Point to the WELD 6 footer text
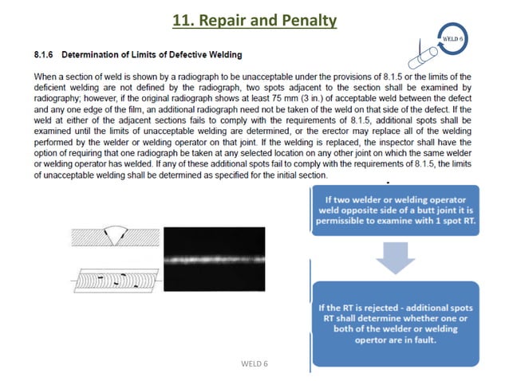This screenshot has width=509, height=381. click(254, 364)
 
